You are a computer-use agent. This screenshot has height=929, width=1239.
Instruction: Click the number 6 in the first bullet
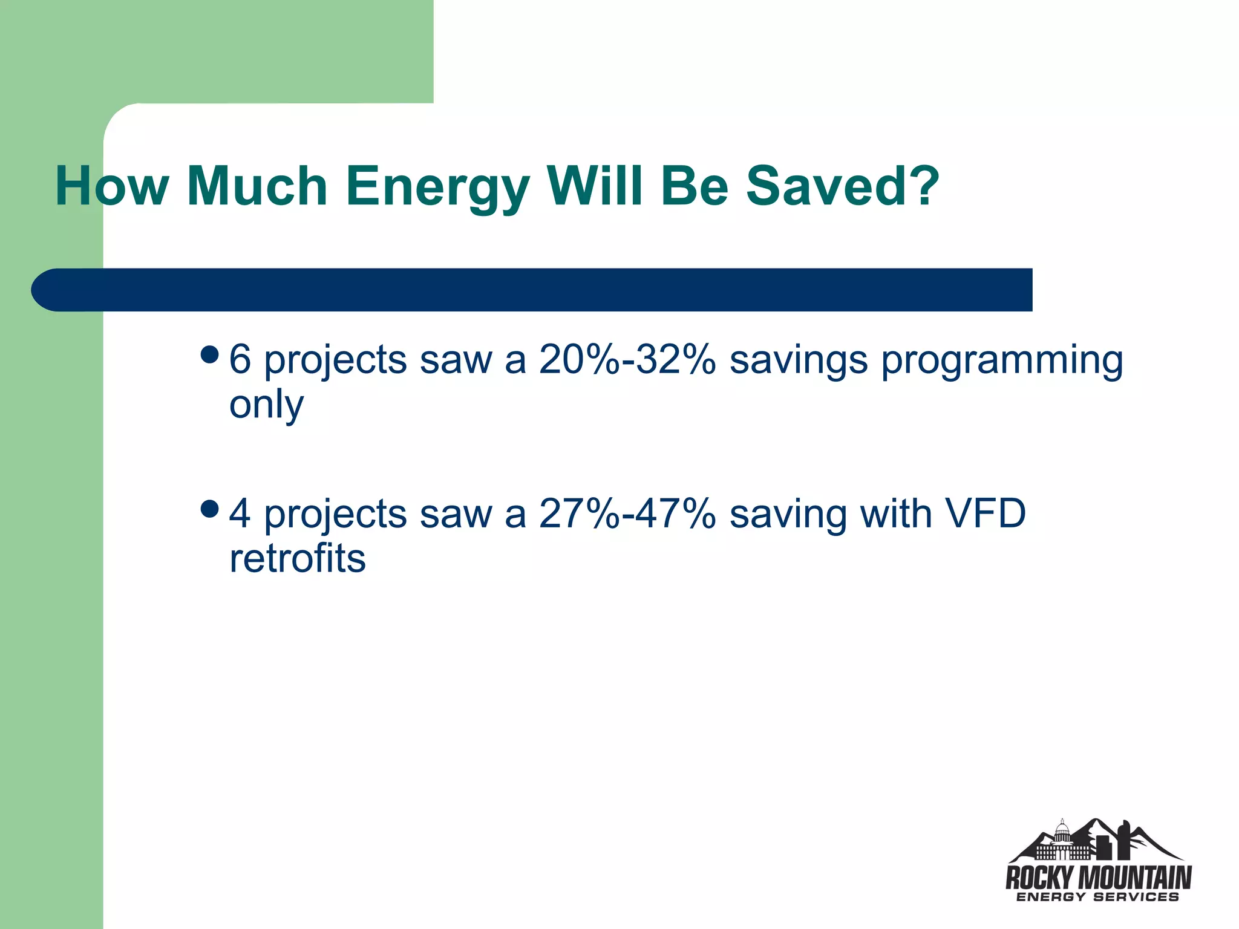pos(240,359)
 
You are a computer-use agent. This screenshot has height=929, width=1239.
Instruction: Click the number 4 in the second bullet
pos(240,513)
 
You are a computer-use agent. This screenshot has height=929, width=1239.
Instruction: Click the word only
pos(266,406)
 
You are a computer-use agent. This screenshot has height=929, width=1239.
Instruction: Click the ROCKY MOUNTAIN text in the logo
pos(1098,877)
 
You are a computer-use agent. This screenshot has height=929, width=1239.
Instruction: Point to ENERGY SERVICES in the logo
pos(1097,897)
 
